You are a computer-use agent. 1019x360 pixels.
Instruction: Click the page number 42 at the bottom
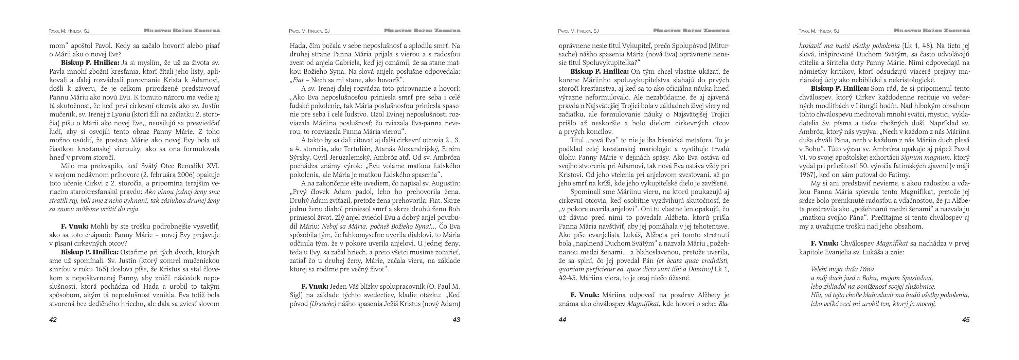click(x=53, y=320)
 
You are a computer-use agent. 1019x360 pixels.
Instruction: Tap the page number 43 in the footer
click(x=456, y=320)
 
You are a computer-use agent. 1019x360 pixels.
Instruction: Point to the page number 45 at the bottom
click(x=966, y=320)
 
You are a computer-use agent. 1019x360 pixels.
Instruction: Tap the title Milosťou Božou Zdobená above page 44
click(x=692, y=31)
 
